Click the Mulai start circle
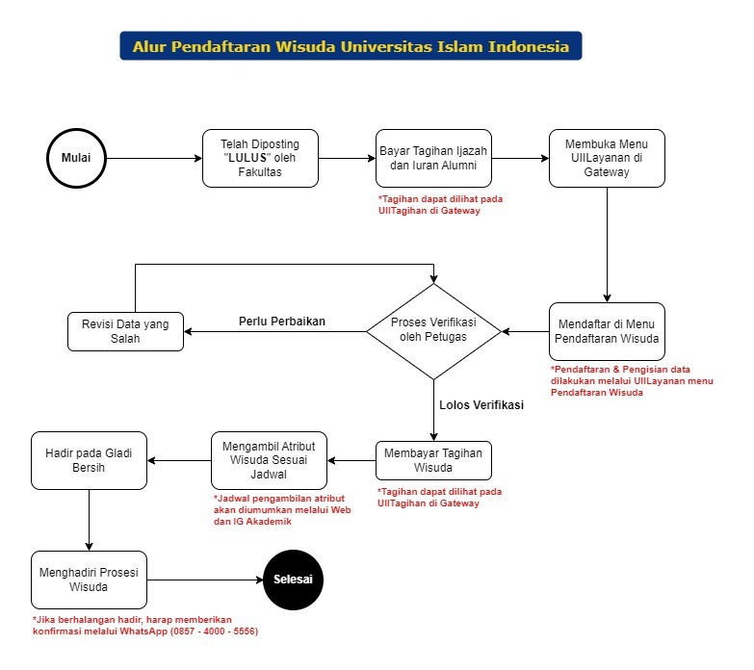(76, 158)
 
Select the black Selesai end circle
(294, 580)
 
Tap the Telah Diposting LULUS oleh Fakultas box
(260, 158)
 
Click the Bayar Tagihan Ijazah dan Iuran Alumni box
(433, 158)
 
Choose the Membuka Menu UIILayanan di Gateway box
(607, 158)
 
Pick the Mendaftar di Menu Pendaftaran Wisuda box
(607, 331)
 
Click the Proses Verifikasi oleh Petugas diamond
(433, 331)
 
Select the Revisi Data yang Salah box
(125, 331)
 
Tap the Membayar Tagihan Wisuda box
(433, 460)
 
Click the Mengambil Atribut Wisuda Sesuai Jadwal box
(269, 460)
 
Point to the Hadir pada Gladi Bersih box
(89, 460)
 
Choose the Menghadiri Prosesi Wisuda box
(89, 580)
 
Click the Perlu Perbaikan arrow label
(282, 322)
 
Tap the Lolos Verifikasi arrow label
(481, 404)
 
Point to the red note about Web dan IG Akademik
(282, 510)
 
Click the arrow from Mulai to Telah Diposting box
(154, 158)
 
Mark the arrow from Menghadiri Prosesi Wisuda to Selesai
(205, 580)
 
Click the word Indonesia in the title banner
(529, 46)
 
